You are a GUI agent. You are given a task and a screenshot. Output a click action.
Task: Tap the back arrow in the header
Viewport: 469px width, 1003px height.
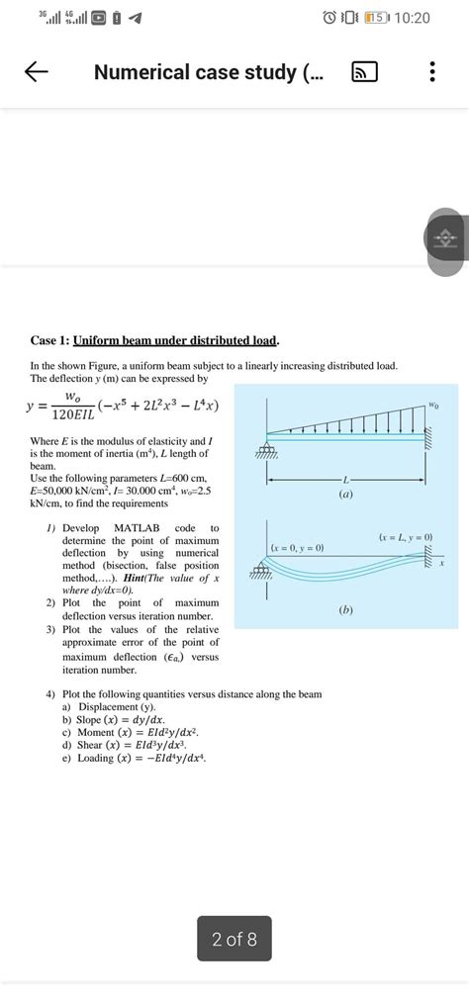point(36,72)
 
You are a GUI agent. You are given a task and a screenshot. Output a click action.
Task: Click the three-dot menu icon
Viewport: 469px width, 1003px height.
point(431,72)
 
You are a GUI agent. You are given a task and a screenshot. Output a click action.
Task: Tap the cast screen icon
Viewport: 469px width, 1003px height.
point(363,73)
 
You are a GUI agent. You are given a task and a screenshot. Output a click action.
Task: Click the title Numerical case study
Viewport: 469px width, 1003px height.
point(208,72)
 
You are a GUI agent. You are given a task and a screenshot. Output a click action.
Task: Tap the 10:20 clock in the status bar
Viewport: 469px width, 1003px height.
point(410,19)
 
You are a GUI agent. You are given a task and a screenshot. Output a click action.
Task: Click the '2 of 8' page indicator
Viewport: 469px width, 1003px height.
point(234,939)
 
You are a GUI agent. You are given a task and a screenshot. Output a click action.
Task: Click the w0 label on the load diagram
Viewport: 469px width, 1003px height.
point(433,404)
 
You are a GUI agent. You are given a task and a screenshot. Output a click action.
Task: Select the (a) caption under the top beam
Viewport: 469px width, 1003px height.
point(345,494)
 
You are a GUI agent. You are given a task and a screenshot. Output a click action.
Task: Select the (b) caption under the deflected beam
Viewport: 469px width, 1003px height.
point(345,610)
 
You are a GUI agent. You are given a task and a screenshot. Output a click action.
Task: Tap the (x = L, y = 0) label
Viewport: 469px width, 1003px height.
point(406,537)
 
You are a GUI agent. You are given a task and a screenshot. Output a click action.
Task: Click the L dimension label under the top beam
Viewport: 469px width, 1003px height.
point(345,479)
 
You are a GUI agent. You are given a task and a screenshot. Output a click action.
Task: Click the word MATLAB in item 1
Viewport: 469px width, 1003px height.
point(137,528)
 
